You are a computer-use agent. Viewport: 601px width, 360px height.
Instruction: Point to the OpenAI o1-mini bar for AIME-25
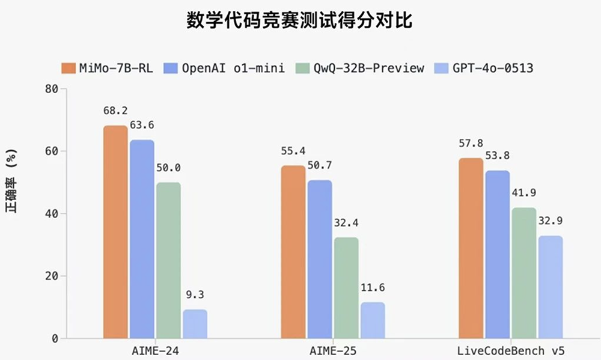tap(320, 258)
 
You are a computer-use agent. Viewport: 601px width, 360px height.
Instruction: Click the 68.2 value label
tap(115, 112)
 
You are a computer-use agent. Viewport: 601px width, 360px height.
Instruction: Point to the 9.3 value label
tap(195, 296)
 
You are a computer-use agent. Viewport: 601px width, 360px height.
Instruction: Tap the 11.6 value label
tap(373, 288)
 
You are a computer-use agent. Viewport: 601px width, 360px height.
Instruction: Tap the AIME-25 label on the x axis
tap(333, 350)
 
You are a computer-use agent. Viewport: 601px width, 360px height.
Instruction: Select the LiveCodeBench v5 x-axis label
tap(511, 350)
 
